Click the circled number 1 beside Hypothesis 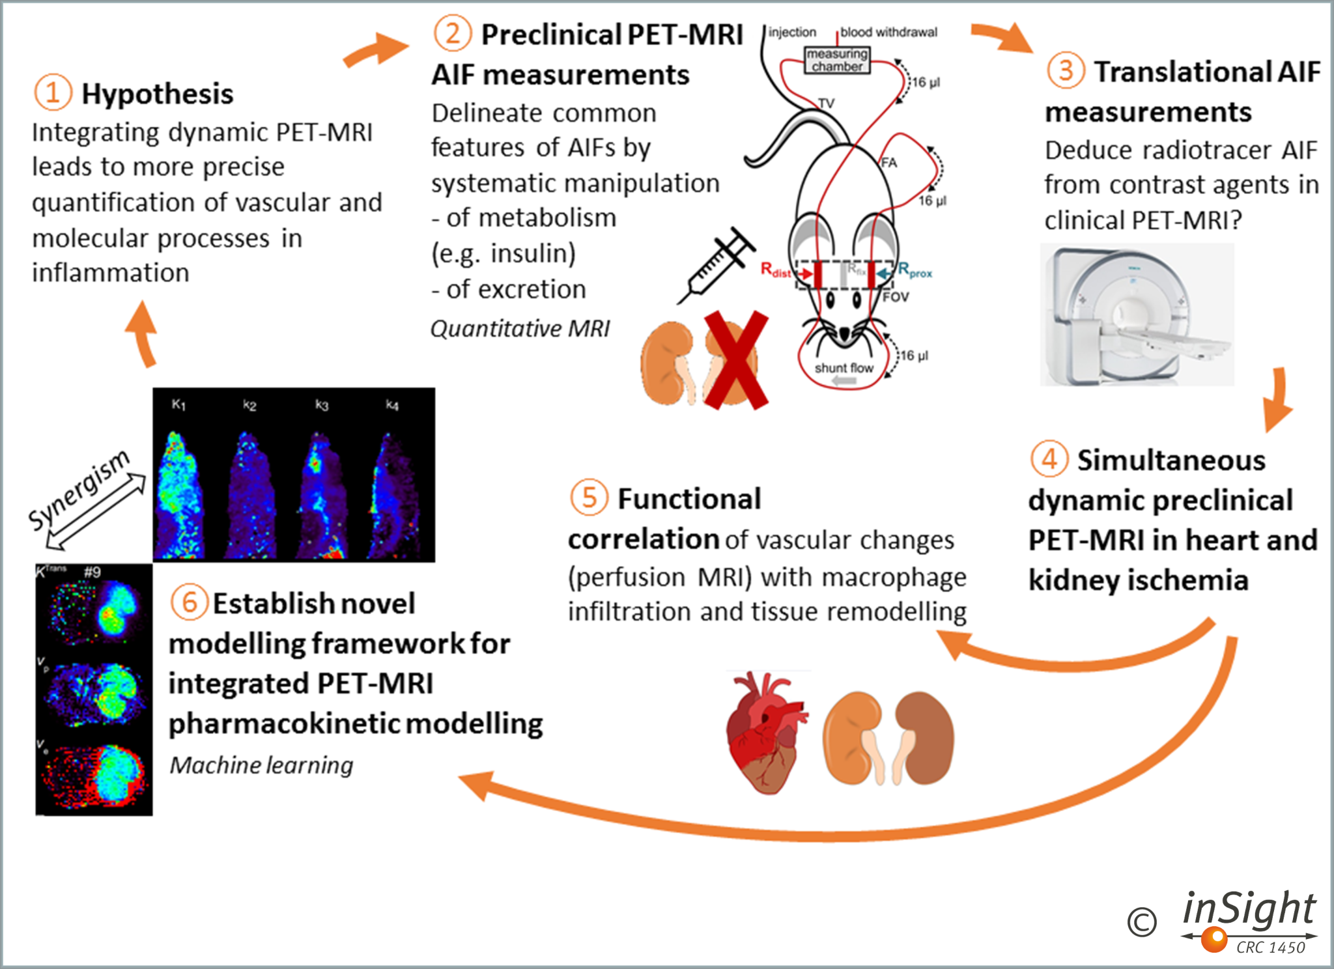pos(53,92)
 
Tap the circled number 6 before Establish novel pos(189,602)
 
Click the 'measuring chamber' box pos(837,60)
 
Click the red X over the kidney pos(736,360)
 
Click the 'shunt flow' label pos(844,368)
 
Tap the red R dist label pos(775,270)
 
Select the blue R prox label pos(915,270)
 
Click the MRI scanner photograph pos(1137,315)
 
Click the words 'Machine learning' pos(261,765)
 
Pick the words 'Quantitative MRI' pos(520,328)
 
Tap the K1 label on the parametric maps pos(178,405)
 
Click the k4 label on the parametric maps pos(391,405)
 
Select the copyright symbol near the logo pos(1141,922)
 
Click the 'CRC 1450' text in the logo pos(1270,948)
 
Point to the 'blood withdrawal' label pos(888,32)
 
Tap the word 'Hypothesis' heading pos(157,94)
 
